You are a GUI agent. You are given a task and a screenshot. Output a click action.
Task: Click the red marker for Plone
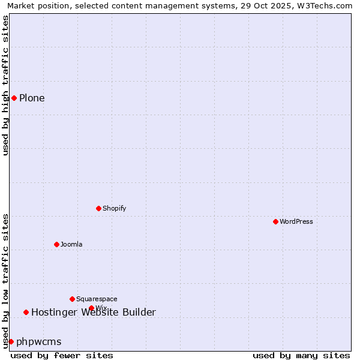[14, 98]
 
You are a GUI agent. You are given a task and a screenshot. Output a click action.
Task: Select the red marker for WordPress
[275, 221]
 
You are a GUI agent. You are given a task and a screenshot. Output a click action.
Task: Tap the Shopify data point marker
[98, 208]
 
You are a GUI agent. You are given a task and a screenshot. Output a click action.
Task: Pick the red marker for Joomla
[56, 244]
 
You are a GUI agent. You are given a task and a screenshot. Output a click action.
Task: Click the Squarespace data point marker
[72, 299]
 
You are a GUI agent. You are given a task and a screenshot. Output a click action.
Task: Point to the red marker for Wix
[91, 308]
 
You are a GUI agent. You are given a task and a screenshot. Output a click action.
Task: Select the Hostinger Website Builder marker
[26, 312]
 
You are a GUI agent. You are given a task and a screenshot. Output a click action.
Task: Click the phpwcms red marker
[11, 341]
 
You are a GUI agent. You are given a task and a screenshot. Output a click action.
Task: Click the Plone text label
[32, 98]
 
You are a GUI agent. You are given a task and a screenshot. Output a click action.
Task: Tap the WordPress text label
[296, 221]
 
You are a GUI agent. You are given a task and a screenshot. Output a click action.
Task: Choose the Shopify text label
[114, 208]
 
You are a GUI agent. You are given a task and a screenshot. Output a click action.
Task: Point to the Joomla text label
[71, 244]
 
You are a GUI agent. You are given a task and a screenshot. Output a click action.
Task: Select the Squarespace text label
[97, 299]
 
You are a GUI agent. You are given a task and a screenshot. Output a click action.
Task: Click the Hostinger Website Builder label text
[93, 312]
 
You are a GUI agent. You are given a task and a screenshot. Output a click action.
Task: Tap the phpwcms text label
[38, 341]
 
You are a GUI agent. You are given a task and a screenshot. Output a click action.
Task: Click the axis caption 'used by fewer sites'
[62, 355]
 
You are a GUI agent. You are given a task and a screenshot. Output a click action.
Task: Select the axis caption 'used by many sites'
[301, 355]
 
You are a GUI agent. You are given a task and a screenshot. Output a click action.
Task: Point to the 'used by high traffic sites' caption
[5, 85]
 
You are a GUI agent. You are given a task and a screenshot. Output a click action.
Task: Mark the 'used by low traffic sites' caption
[5, 281]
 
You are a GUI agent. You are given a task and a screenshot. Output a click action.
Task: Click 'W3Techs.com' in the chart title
[329, 6]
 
